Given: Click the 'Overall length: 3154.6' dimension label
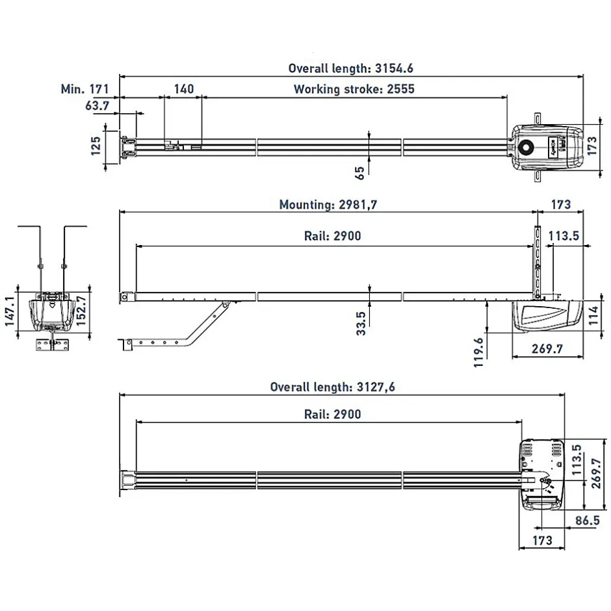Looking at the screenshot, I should click(x=351, y=68).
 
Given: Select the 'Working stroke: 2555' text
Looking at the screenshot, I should click(x=354, y=89).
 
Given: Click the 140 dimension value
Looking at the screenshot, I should click(x=183, y=89).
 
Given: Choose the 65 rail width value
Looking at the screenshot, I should click(x=359, y=172).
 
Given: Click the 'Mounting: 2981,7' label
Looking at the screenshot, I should click(x=328, y=205).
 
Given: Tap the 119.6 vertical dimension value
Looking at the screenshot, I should click(x=479, y=352).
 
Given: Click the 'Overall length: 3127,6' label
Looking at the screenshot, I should click(x=333, y=387).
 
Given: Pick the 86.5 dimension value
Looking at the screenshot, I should click(x=588, y=521).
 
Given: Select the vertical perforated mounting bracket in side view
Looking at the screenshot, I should click(x=537, y=260).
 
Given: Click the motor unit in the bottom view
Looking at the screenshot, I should click(x=542, y=474).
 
